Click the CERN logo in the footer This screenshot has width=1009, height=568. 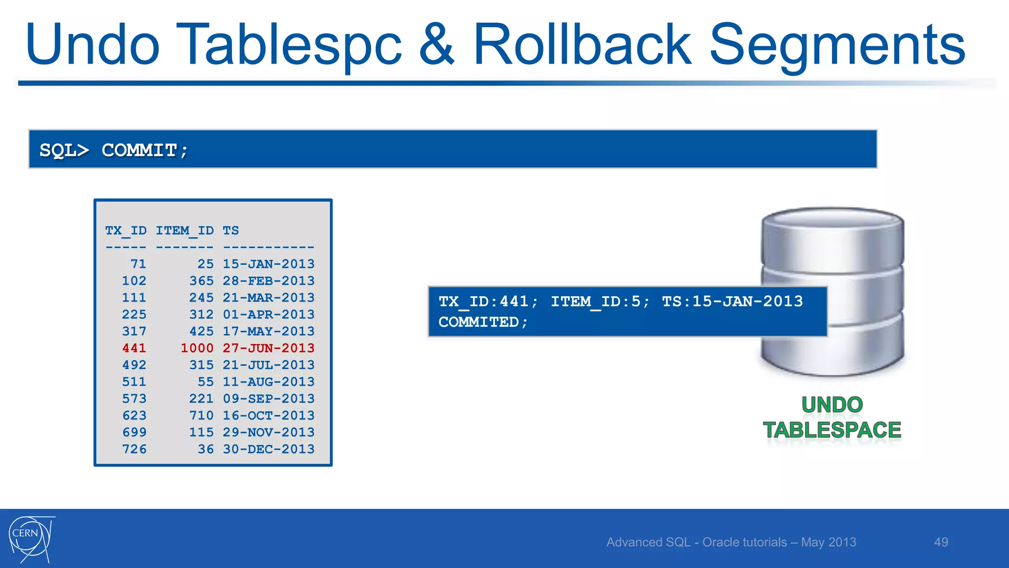(x=31, y=539)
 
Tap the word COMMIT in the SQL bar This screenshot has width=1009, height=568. (x=139, y=150)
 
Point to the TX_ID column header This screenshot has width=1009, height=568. (x=126, y=230)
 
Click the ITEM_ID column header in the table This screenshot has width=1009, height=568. (x=185, y=230)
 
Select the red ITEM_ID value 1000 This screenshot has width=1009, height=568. (x=197, y=348)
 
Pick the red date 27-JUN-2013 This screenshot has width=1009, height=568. (x=269, y=348)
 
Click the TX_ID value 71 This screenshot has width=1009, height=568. (x=138, y=264)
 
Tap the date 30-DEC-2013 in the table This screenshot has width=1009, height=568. (x=269, y=449)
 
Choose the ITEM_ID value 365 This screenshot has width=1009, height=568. (x=202, y=281)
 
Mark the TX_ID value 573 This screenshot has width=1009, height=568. (x=134, y=399)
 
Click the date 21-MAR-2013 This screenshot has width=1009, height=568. (x=269, y=298)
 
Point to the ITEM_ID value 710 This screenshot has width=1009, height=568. (x=202, y=416)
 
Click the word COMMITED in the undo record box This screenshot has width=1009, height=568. (x=478, y=322)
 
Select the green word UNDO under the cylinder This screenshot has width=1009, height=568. (x=832, y=405)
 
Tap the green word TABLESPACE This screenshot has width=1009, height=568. (x=832, y=430)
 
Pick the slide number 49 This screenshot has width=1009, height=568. (x=941, y=542)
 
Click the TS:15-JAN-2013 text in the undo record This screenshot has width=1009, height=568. (x=732, y=301)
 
